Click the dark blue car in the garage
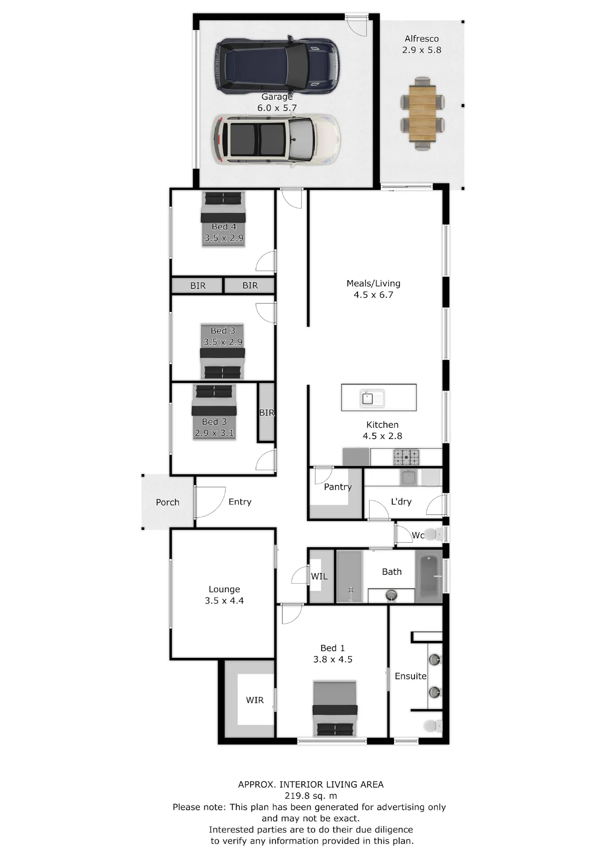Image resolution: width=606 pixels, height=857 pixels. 277,65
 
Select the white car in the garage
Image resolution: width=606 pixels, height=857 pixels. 276,139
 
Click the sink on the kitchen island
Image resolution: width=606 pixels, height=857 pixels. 372,398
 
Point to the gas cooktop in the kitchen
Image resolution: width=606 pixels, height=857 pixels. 406,457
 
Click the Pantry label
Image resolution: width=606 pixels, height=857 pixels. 338,487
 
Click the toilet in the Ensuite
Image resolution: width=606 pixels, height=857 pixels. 433,726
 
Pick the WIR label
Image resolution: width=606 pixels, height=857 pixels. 255,700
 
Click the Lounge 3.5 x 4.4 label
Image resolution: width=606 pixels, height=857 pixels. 224,595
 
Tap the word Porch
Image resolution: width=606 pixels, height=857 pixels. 168,502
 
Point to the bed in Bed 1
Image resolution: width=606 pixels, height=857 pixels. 335,708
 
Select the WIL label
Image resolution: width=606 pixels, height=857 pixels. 319,576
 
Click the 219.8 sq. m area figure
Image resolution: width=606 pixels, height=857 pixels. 311,796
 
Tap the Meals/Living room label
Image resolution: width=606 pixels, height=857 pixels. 373,289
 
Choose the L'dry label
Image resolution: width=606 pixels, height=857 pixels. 401,501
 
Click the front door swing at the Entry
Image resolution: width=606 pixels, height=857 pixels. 210,502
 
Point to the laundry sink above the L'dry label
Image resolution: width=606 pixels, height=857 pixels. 408,477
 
